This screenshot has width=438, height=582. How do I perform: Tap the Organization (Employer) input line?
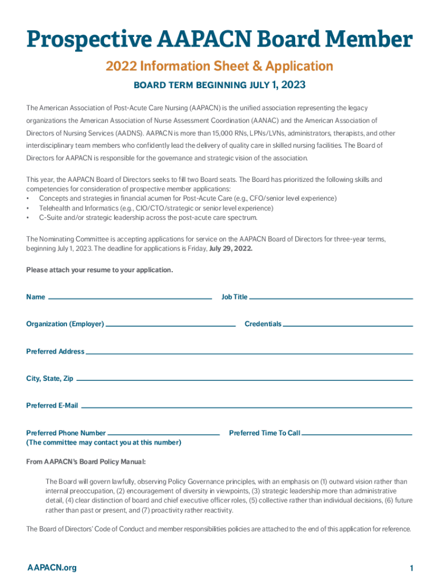point(171,325)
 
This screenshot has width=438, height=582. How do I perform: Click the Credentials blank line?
point(348,325)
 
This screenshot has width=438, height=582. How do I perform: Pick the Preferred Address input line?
point(249,352)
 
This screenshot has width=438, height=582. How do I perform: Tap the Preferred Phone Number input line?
point(163,434)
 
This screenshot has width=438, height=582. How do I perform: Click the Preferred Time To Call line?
point(357,434)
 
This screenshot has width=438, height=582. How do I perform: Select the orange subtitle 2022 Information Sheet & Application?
point(219,66)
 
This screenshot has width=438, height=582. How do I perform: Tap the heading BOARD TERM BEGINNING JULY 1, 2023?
point(219,85)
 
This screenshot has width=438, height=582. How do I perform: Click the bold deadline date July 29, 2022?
point(232,248)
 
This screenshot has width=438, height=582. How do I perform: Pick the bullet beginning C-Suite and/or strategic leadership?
point(148,217)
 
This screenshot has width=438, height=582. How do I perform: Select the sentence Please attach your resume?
point(100,270)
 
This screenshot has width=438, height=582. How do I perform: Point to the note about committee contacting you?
point(104,443)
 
